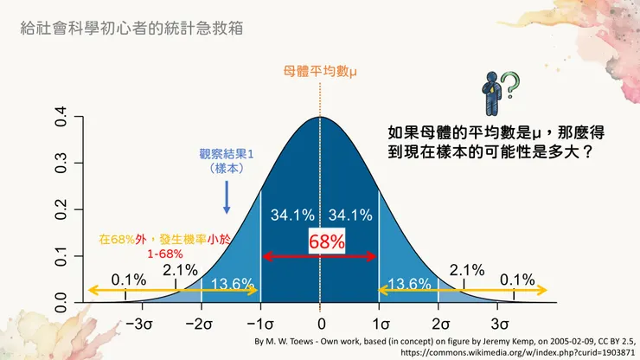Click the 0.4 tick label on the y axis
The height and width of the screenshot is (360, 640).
pos(61,117)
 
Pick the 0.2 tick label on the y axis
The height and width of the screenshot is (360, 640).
pos(61,211)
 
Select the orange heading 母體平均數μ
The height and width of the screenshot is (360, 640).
pos(321,73)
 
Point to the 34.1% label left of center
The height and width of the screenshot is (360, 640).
pos(291,215)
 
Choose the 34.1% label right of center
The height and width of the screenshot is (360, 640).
pos(350,215)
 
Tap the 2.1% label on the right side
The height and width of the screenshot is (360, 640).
pos(466,269)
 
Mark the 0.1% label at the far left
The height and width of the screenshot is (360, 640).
pos(128,279)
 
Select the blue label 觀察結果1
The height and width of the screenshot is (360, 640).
pos(227,153)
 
